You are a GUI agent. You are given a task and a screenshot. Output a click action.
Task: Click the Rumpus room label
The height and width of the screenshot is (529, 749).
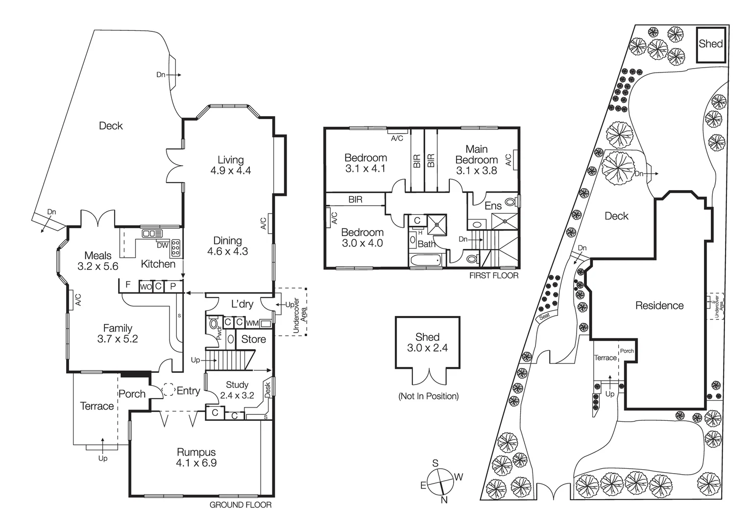click(x=196, y=452)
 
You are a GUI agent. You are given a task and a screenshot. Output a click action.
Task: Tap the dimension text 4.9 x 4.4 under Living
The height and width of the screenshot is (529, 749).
click(x=231, y=170)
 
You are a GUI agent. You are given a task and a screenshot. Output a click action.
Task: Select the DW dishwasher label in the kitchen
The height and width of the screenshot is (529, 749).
click(x=163, y=245)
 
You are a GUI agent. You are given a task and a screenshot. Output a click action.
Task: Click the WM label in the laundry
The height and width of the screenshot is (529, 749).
click(x=252, y=323)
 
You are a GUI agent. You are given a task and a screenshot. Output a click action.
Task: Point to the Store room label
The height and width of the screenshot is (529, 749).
click(x=254, y=339)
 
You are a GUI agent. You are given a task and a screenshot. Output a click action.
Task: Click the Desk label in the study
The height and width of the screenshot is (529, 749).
click(x=267, y=390)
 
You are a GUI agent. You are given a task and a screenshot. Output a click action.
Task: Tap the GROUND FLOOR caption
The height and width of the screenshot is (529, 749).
click(x=241, y=505)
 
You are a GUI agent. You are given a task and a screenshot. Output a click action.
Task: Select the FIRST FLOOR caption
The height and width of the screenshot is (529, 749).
click(x=494, y=276)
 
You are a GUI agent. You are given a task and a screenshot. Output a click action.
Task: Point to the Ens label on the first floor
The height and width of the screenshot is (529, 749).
click(x=493, y=206)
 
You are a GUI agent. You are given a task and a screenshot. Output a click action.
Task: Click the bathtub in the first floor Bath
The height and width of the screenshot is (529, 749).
click(x=426, y=260)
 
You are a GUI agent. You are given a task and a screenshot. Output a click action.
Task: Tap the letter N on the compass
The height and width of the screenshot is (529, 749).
click(x=444, y=500)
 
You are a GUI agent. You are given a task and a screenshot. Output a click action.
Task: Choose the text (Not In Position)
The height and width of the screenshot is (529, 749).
click(x=428, y=396)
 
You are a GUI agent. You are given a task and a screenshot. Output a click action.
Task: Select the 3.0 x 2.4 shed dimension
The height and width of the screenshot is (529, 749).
click(x=427, y=348)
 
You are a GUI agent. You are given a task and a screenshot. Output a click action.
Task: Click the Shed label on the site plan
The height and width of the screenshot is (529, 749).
click(x=711, y=44)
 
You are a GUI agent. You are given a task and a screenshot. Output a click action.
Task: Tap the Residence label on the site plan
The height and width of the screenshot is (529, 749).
click(x=659, y=305)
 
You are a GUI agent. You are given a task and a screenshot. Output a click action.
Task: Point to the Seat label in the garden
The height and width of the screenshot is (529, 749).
click(x=544, y=316)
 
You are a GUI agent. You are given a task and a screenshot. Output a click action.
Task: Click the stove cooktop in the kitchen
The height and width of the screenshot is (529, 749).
click(x=176, y=248)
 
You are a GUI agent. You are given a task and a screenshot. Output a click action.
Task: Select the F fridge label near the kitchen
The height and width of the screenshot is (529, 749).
click(x=128, y=285)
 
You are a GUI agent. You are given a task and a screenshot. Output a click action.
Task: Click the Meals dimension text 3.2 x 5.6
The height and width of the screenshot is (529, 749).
click(x=97, y=266)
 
